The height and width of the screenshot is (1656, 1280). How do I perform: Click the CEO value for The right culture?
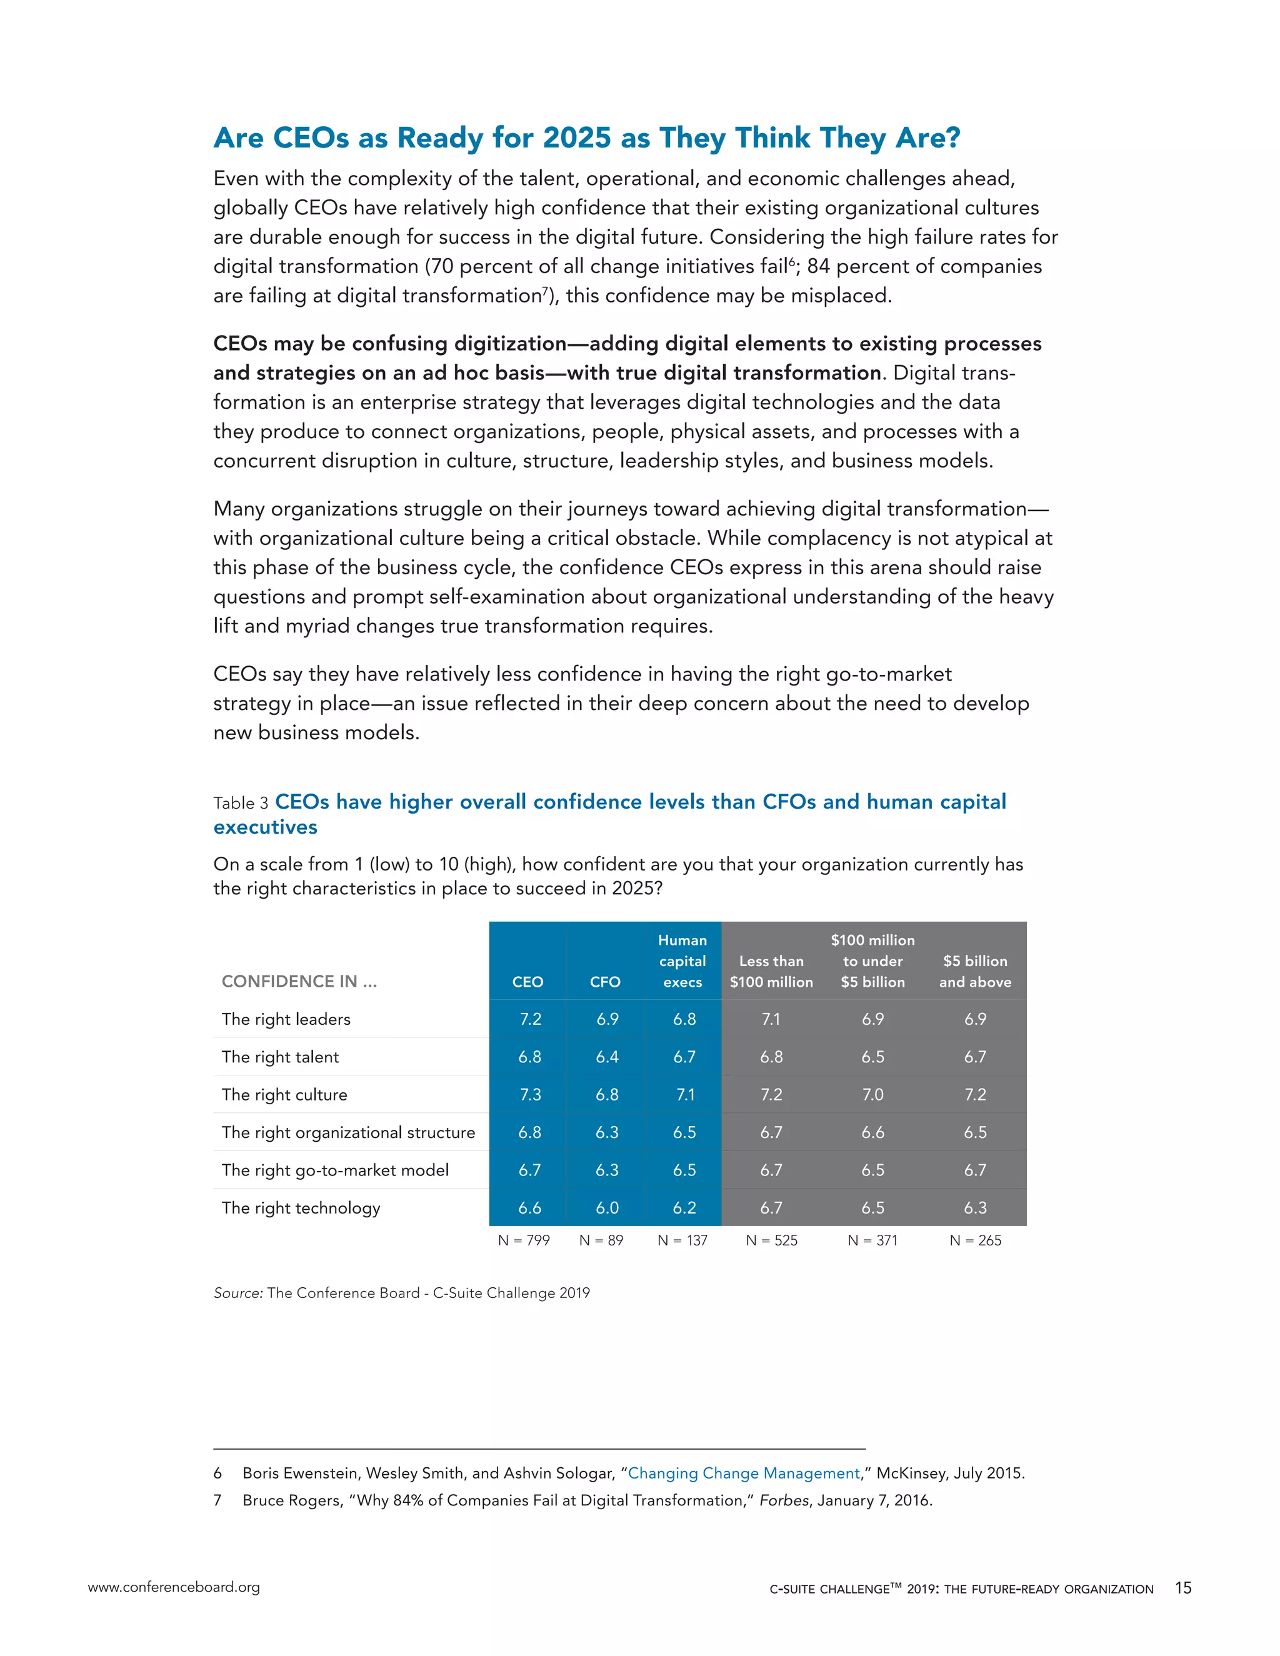click(529, 1094)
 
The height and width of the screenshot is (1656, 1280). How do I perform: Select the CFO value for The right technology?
click(607, 1207)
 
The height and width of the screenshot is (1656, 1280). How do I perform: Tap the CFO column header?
click(605, 982)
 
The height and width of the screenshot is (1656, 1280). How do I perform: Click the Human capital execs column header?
click(682, 960)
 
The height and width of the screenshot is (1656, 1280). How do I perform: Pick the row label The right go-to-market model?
click(335, 1170)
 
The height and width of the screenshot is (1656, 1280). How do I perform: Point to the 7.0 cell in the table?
click(872, 1094)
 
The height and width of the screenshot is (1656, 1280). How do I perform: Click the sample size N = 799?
click(523, 1240)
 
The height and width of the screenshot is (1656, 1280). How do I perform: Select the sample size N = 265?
click(975, 1240)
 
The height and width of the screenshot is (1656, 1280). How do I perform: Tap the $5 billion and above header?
click(975, 971)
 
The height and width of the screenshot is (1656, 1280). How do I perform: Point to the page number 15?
click(1183, 1588)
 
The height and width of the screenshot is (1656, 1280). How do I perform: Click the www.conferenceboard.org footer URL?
click(174, 1587)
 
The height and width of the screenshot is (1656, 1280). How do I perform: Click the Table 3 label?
click(241, 803)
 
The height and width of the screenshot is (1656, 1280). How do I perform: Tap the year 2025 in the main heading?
click(577, 138)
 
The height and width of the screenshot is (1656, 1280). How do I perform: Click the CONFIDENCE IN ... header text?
click(299, 981)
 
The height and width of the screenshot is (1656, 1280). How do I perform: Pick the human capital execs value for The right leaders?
click(684, 1019)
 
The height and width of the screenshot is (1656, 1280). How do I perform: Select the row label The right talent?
click(280, 1057)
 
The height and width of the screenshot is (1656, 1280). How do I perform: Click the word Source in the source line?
click(237, 1293)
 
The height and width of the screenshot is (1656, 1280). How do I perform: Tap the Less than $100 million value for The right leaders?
click(771, 1019)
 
